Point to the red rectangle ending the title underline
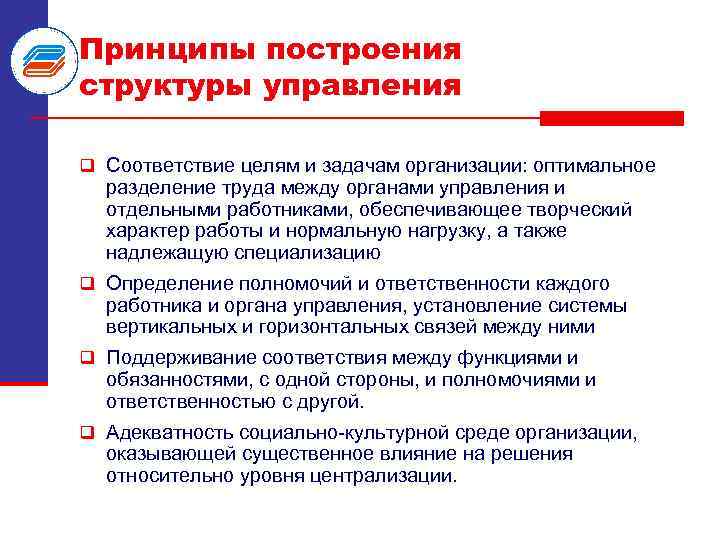pos(611,118)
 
